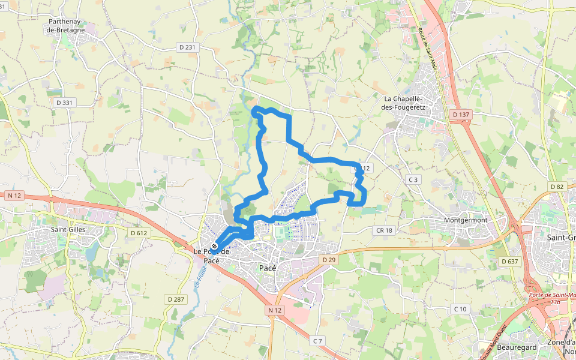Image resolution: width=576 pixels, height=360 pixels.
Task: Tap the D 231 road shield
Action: [187, 47]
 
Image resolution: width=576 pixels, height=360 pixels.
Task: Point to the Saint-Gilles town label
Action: [68, 229]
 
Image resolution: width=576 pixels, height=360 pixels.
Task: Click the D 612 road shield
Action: [139, 233]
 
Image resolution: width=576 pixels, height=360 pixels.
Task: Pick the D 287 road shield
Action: [176, 299]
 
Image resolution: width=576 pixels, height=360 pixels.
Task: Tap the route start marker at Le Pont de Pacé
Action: [214, 247]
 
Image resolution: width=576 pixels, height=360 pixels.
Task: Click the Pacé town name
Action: [267, 268]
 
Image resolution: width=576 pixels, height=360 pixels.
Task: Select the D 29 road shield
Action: [328, 259]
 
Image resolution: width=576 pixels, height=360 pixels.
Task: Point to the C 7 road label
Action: [317, 341]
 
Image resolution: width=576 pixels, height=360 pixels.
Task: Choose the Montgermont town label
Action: [465, 220]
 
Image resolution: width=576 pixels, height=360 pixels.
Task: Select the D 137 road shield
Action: [461, 114]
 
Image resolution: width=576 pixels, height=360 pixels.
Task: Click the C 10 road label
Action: [460, 308]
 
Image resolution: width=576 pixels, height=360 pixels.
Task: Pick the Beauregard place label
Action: [499, 347]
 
